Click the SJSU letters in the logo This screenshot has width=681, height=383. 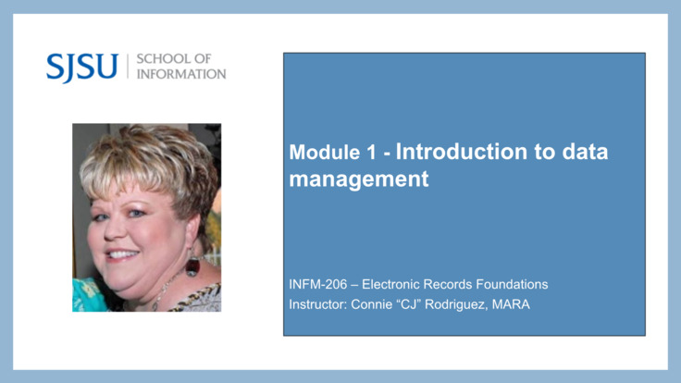click(82, 67)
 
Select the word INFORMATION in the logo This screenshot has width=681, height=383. click(180, 74)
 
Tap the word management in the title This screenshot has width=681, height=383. click(359, 179)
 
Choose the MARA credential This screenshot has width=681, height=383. click(512, 304)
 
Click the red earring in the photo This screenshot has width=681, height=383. click(192, 266)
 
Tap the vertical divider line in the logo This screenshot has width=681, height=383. click(127, 67)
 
